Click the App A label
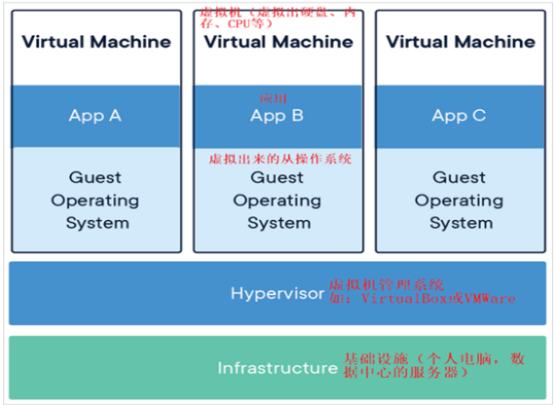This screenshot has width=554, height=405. click(94, 115)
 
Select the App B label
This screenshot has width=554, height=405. click(277, 116)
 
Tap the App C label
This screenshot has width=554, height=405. click(459, 115)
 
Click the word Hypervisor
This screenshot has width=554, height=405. click(277, 292)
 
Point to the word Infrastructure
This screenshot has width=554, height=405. click(277, 368)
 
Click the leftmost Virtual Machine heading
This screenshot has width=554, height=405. click(95, 42)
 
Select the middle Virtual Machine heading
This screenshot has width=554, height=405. click(278, 42)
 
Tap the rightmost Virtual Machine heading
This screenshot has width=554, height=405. click(460, 42)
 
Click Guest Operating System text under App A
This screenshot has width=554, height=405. click(95, 200)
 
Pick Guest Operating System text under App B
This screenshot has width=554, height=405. click(277, 200)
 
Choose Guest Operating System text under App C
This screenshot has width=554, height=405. click(459, 200)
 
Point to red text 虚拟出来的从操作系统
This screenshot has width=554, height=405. click(279, 158)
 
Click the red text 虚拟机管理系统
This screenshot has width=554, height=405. click(386, 284)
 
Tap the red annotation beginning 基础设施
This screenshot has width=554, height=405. click(433, 365)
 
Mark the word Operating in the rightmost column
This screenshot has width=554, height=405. click(459, 201)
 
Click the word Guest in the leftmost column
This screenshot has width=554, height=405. click(95, 177)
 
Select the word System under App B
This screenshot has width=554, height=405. click(277, 223)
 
